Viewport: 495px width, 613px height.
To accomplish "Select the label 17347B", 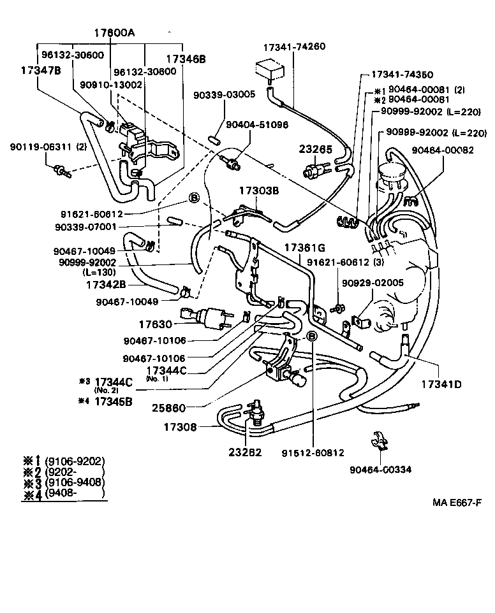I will [x=36, y=71].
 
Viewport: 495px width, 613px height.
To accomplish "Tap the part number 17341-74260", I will [x=294, y=47].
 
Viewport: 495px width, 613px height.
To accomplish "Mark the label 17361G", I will [x=305, y=247].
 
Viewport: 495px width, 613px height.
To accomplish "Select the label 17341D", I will [x=441, y=386].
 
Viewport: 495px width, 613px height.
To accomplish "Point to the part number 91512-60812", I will [x=313, y=453].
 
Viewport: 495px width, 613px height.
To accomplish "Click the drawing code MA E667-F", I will [x=456, y=502].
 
